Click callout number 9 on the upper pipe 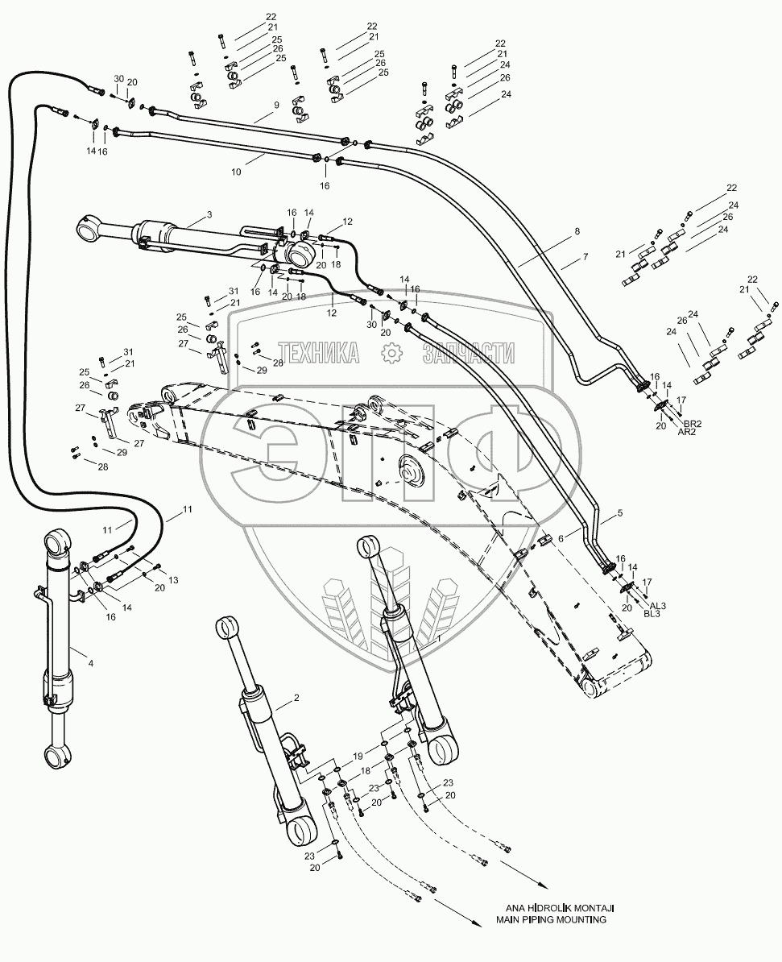pos(276,105)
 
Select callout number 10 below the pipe pos(236,172)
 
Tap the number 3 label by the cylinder pos(209,214)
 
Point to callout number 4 pos(91,663)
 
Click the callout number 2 pos(296,698)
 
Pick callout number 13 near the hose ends pos(174,580)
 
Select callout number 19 pos(358,756)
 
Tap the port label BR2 pos(693,423)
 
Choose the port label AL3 pos(657,606)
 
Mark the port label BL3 pos(652,613)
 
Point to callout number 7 pos(585,257)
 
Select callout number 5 pos(619,512)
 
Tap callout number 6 pos(560,538)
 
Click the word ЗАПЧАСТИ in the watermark pos(469,353)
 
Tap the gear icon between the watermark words pos(391,353)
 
